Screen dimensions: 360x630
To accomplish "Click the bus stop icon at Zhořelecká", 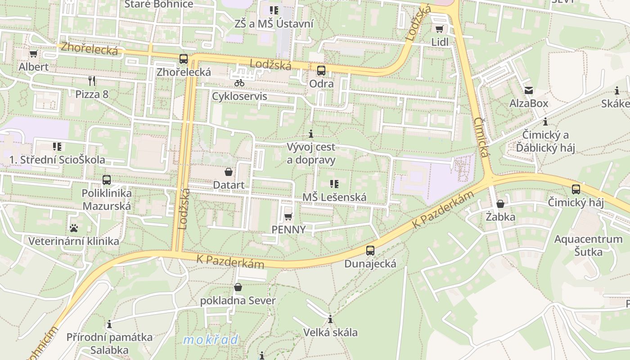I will (x=183, y=59).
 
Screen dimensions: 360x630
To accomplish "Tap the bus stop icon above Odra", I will (x=321, y=71).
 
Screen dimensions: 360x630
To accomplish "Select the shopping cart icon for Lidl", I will (x=439, y=29).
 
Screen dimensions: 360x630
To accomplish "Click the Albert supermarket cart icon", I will (x=33, y=54).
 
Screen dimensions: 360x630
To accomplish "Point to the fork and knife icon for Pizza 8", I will (x=92, y=81).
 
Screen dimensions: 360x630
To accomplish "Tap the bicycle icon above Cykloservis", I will (x=239, y=83).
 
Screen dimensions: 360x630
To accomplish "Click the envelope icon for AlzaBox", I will (x=528, y=90).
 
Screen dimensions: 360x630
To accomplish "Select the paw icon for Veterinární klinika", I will (x=74, y=228).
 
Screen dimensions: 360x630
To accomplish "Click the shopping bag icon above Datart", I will (x=229, y=172).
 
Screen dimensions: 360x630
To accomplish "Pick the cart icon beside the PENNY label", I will (x=288, y=217).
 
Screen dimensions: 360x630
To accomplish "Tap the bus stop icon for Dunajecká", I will (x=370, y=251).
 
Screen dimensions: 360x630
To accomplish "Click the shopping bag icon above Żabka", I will (x=500, y=204).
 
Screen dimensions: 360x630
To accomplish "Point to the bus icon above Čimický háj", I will (x=576, y=189).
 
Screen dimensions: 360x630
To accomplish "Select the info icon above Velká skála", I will (x=330, y=319).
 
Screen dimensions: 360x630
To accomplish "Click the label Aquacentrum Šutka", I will (x=588, y=245).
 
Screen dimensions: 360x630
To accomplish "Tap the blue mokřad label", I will (x=211, y=340).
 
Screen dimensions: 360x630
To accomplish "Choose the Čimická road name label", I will (x=481, y=137).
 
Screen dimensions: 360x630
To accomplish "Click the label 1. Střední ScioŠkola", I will (x=57, y=160).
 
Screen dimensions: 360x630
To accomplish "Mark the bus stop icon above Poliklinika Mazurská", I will (x=107, y=180).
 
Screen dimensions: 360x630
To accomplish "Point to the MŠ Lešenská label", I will (x=334, y=197).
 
